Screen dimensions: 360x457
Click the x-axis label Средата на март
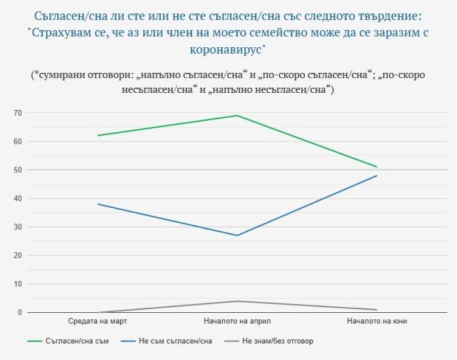[x=97, y=321]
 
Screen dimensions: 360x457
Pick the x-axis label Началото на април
[x=236, y=321]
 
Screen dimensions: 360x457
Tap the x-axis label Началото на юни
[x=376, y=321]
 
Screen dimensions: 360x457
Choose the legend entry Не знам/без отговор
[x=278, y=341]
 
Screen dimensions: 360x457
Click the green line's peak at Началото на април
[x=236, y=116]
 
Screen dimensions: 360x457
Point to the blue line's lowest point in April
[x=236, y=235]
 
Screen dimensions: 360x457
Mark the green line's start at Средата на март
[x=98, y=136]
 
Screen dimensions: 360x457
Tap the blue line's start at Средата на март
[x=98, y=204]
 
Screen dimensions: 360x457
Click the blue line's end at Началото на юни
[x=376, y=176]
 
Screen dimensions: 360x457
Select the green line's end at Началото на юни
[x=376, y=167]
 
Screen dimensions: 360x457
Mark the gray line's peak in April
[x=236, y=301]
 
